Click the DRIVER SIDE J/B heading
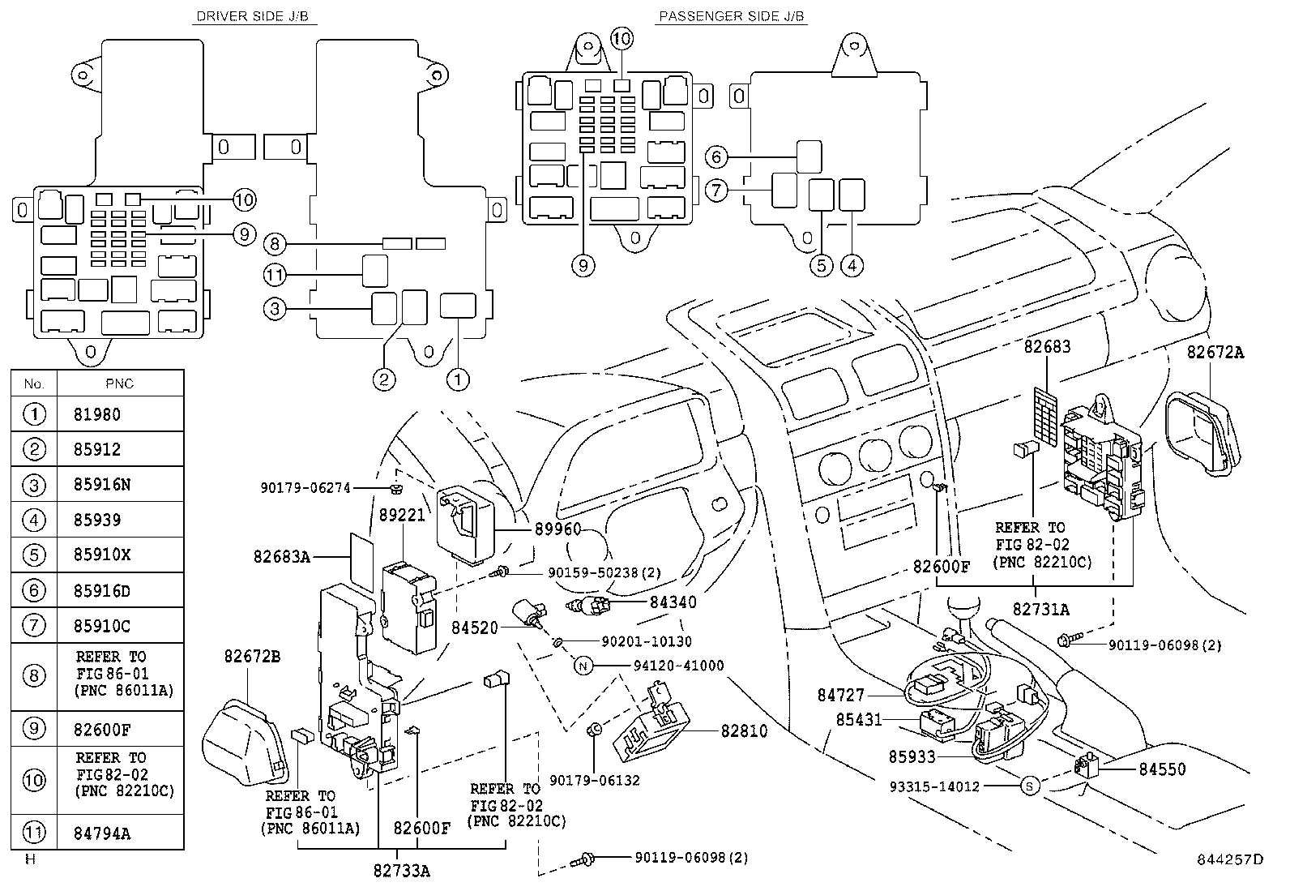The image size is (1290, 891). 253,16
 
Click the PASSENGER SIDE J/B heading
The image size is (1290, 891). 732,16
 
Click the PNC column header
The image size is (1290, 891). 120,383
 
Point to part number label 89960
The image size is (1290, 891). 557,529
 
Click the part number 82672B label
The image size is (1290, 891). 252,656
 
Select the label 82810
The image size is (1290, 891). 744,730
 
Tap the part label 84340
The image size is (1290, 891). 673,602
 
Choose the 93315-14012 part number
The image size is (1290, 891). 934,786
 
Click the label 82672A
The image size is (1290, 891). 1215,352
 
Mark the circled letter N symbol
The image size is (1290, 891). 583,666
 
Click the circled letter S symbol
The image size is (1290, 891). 1030,786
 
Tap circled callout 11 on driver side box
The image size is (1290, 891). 275,274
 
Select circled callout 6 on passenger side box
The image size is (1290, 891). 716,156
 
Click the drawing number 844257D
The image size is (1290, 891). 1230,859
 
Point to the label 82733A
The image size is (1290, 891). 401,870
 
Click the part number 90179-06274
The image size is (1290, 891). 305,487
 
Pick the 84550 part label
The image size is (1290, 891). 1162,769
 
